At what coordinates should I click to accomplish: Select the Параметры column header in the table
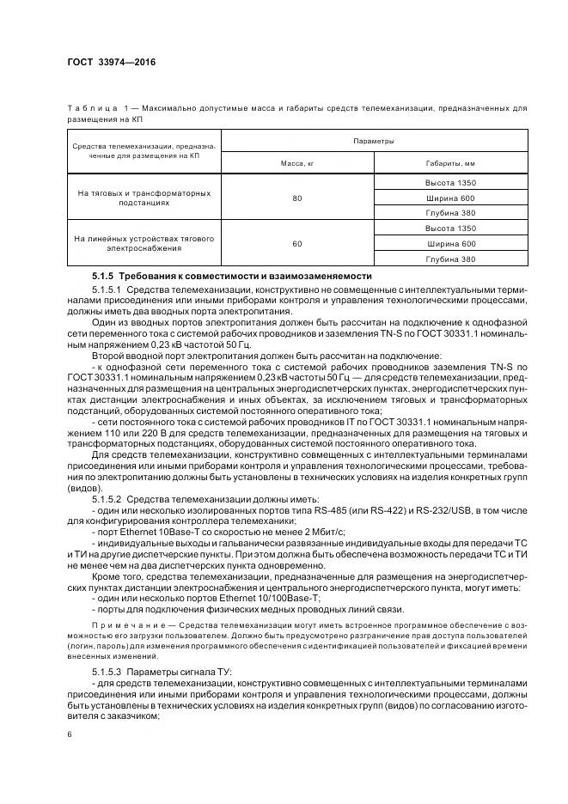pos(374,140)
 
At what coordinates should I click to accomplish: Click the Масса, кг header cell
pos(297,162)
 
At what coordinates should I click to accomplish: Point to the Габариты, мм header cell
pos(450,162)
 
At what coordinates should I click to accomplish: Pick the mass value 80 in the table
pos(297,198)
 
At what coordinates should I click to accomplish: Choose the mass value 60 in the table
pos(297,244)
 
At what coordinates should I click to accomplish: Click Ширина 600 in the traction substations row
pos(450,198)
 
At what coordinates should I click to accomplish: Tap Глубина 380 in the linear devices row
pos(450,259)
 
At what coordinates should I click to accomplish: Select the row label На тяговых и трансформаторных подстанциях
pos(144,198)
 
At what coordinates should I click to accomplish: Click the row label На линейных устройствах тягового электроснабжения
pos(144,243)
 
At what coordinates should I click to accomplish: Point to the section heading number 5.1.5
pos(103,276)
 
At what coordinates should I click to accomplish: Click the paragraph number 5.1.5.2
pos(109,499)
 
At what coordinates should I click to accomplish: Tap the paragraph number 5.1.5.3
pos(109,669)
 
